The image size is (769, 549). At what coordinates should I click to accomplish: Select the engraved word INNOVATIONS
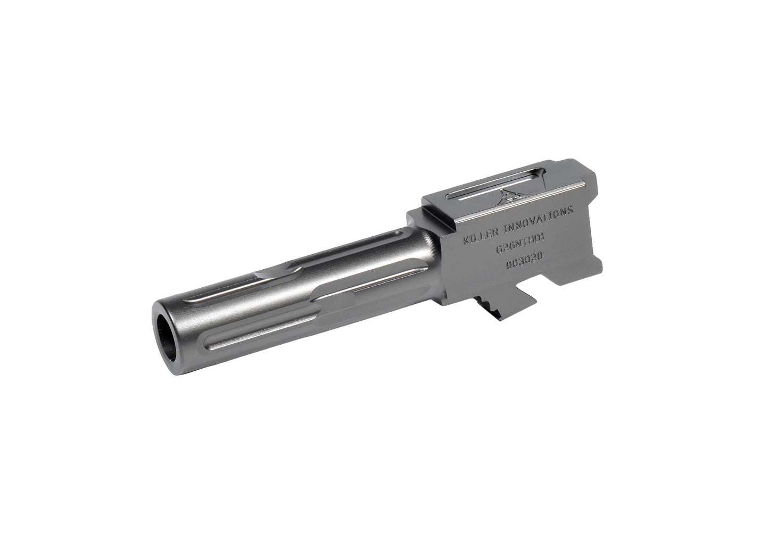point(538,219)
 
